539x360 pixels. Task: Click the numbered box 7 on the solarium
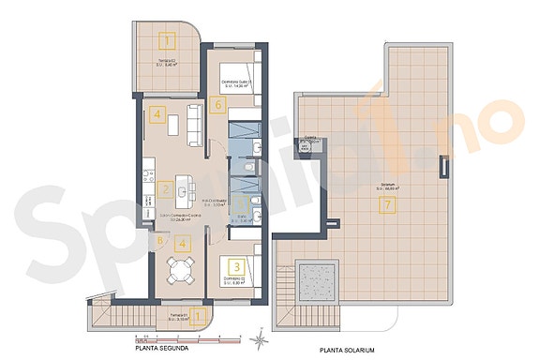[x=386, y=207]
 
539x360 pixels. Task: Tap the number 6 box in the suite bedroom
[x=217, y=104]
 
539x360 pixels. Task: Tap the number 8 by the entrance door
[x=160, y=241]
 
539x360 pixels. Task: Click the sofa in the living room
[x=197, y=126]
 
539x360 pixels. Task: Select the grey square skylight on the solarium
[x=312, y=277]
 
